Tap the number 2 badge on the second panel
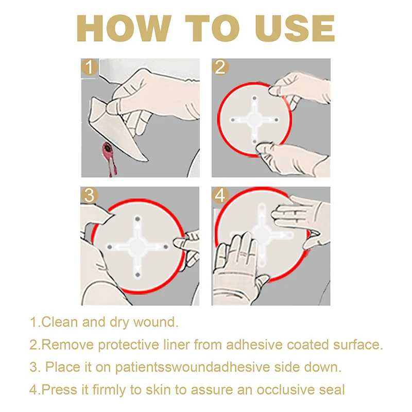click(x=221, y=67)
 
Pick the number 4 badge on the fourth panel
click(x=221, y=196)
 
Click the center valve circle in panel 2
click(x=254, y=119)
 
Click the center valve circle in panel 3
click(x=138, y=246)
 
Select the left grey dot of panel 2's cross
click(x=232, y=119)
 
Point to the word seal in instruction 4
click(x=333, y=390)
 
